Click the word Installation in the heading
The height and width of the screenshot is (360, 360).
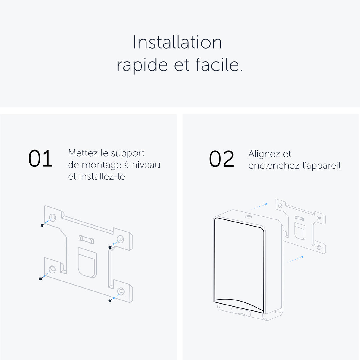click(177, 42)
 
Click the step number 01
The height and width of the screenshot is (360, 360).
click(40, 159)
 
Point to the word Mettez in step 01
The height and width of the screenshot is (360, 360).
click(83, 153)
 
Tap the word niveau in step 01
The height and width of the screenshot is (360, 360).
click(146, 165)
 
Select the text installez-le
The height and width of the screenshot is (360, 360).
click(102, 177)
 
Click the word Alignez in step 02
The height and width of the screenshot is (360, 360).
click(264, 154)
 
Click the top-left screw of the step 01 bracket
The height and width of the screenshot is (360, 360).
click(42, 225)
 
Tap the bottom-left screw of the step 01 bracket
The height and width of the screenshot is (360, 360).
click(41, 278)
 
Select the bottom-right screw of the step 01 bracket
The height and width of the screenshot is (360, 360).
click(110, 300)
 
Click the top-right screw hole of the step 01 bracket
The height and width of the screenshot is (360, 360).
click(120, 239)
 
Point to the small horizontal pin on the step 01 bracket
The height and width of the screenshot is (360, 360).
click(86, 239)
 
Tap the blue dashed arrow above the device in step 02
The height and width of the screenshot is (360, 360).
click(260, 206)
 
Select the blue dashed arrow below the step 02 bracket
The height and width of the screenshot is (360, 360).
click(295, 259)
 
